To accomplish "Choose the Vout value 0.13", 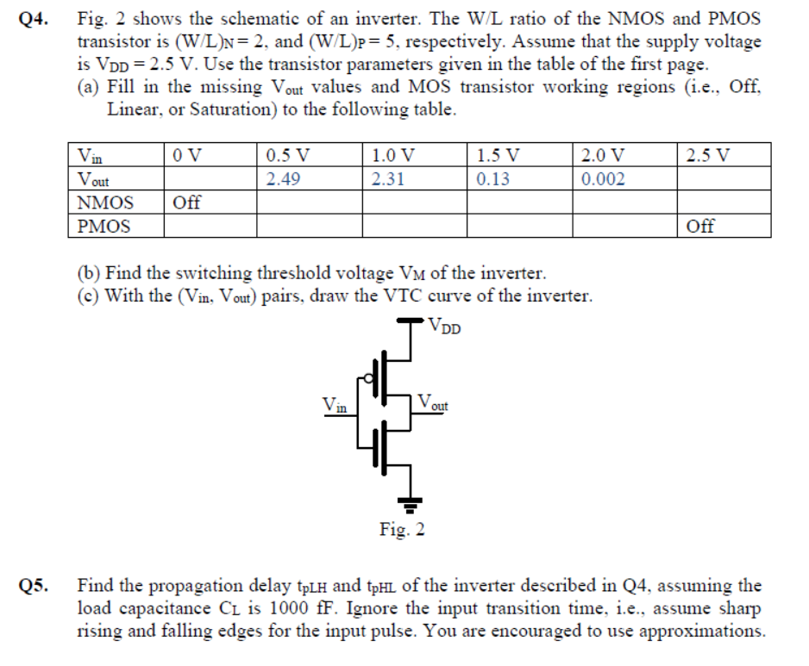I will (492, 179).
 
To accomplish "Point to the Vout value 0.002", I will (604, 179).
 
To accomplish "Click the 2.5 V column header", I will (708, 156).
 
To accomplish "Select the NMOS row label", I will (105, 203).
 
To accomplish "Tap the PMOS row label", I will (104, 227).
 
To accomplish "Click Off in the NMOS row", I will (187, 203).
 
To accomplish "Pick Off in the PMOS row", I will (700, 227).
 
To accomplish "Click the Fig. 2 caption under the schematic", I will (402, 529).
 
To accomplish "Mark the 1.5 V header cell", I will (498, 156).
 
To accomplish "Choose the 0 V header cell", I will (187, 156).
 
